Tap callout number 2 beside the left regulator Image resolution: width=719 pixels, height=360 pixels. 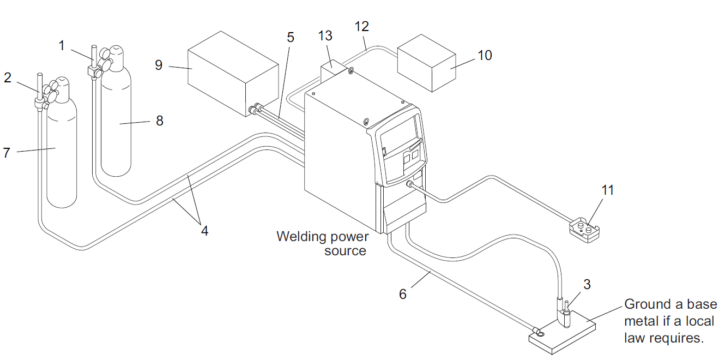point(8,78)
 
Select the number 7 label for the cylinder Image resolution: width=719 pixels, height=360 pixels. point(7,153)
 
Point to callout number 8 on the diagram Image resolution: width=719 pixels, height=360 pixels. point(160,121)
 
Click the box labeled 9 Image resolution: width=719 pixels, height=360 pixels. point(232,76)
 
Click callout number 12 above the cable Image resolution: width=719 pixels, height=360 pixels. point(362,26)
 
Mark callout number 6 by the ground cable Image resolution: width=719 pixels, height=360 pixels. point(403,294)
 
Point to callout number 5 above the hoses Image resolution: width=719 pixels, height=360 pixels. point(291,38)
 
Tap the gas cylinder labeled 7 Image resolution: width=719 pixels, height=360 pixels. point(62,158)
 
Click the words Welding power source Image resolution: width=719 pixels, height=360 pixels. point(322,244)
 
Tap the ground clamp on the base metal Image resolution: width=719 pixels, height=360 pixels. point(539,331)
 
